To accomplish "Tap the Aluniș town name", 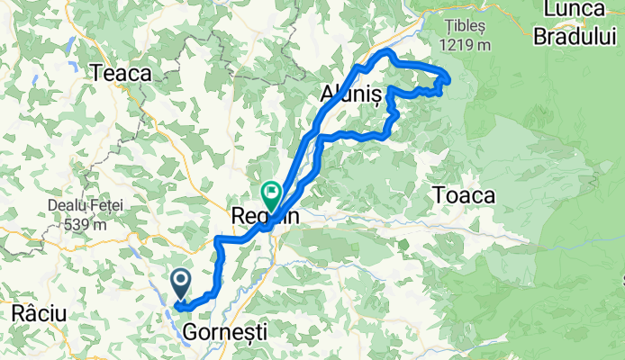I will coord(352,94).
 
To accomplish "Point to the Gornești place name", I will coord(225,333).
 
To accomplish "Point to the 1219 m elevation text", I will coord(466,44).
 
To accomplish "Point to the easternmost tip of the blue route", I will coord(448,80).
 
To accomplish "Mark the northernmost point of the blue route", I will coord(389,53).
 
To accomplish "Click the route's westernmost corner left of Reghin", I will coord(217,240).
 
